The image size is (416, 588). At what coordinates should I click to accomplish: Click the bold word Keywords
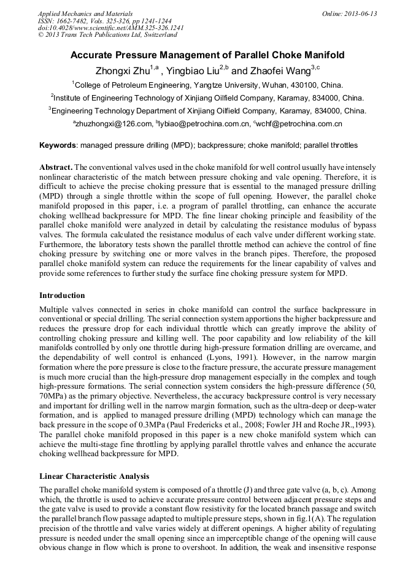[x=58, y=146]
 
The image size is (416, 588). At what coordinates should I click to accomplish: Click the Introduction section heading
[x=62, y=296]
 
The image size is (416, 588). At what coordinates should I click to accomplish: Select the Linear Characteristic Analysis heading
[x=94, y=476]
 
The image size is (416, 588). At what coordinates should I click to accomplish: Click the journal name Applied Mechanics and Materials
[x=85, y=13]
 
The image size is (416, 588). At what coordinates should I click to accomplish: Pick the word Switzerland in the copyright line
[x=152, y=35]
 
